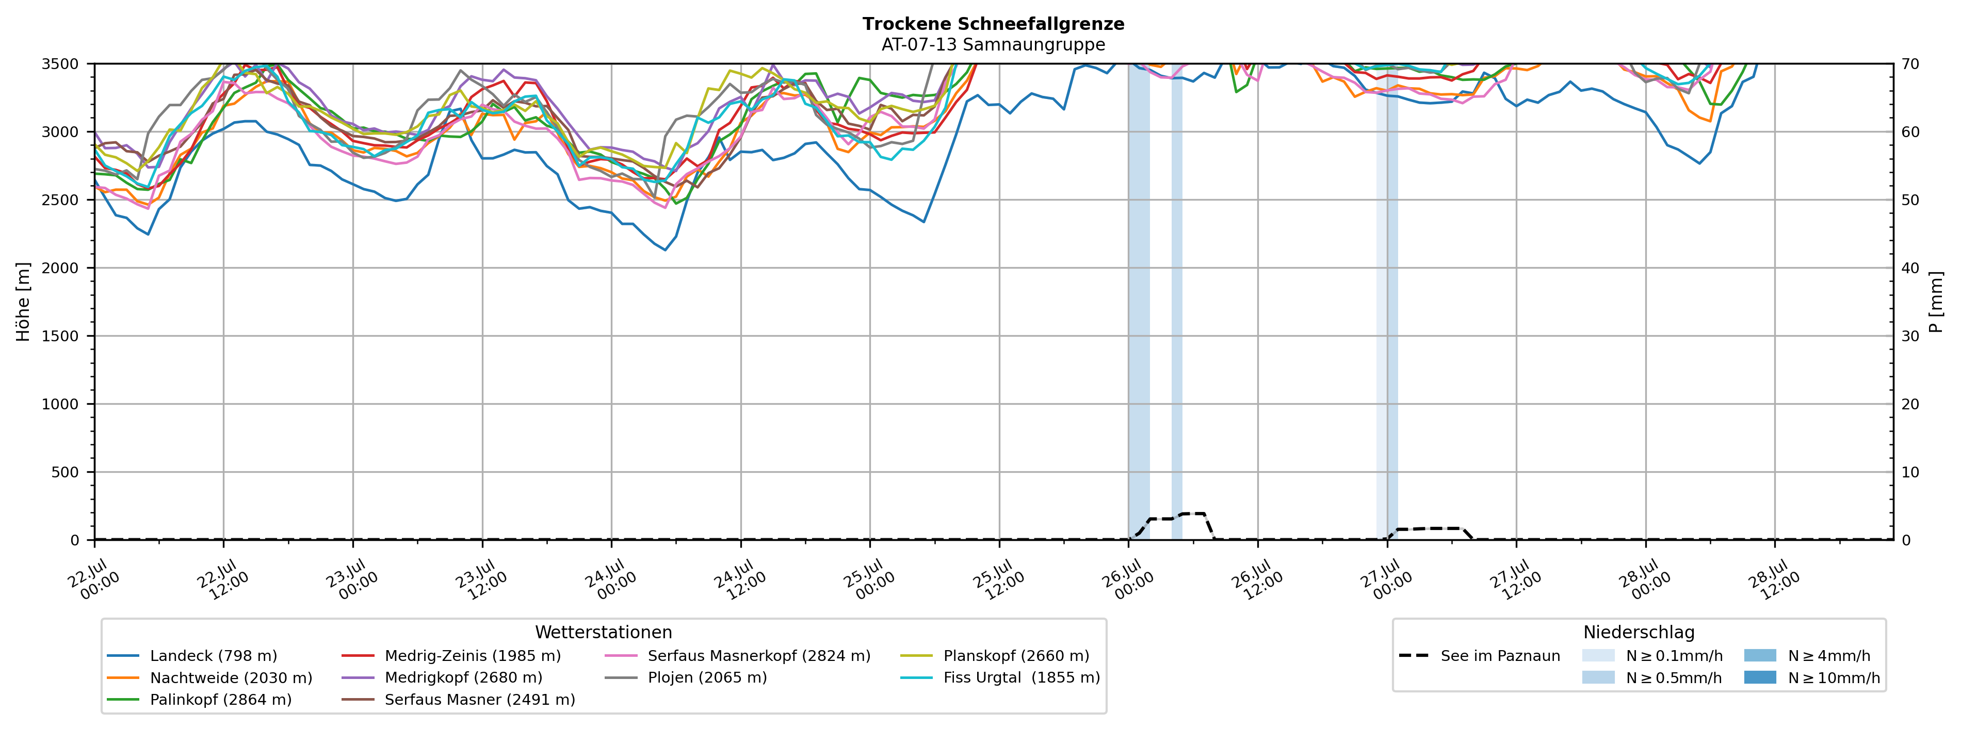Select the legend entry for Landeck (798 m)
192,656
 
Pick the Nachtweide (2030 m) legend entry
209,678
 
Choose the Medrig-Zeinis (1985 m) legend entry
451,656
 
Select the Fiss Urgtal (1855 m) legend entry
1000,678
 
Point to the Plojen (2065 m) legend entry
686,678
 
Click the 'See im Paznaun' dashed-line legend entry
1479,656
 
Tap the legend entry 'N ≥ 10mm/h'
1812,678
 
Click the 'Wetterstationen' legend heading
604,633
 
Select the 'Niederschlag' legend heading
1639,633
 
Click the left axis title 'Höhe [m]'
24,301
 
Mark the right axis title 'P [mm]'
1937,301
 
